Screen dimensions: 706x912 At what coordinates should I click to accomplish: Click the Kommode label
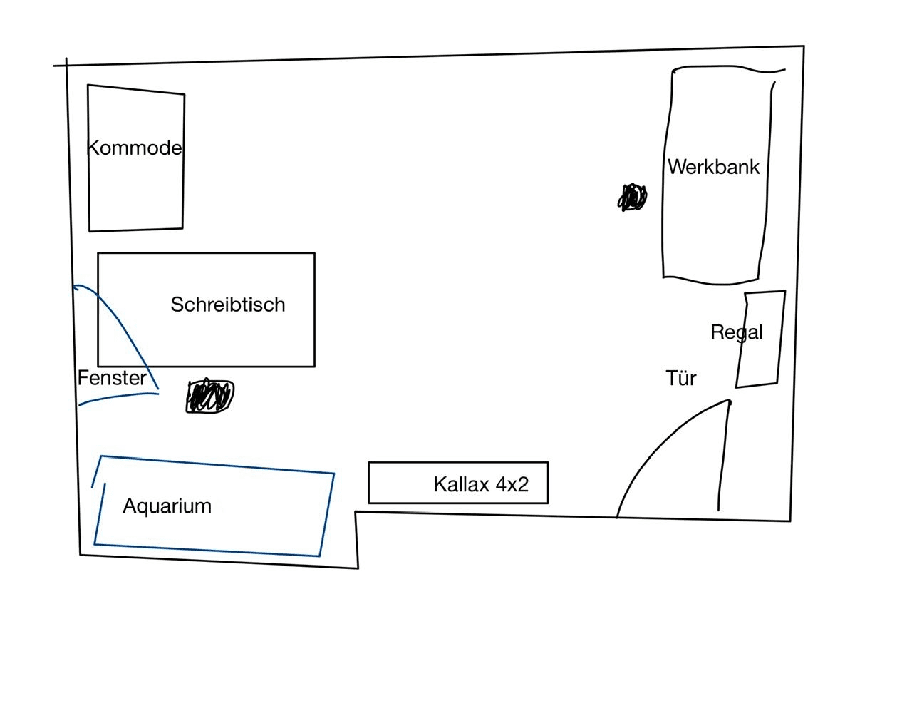(x=134, y=148)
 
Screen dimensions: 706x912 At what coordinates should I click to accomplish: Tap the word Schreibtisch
(x=228, y=305)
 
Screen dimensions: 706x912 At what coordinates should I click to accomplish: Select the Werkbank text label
(x=713, y=167)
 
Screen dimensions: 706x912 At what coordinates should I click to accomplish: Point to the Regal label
(x=736, y=332)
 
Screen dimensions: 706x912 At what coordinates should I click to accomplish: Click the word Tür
(x=681, y=378)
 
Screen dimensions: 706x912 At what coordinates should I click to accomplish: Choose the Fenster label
(x=112, y=378)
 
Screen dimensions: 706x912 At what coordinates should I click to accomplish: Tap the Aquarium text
(x=167, y=506)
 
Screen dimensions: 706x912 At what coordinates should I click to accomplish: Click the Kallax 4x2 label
(x=481, y=485)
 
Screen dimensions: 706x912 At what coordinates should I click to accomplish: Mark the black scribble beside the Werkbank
(x=632, y=198)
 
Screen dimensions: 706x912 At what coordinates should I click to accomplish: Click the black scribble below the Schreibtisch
(x=209, y=397)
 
